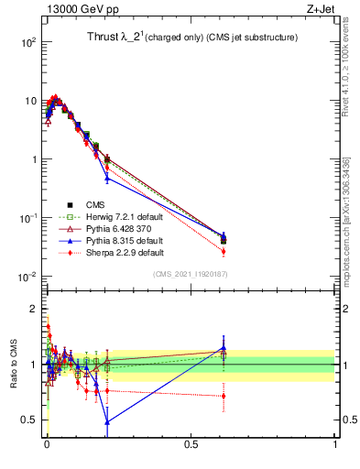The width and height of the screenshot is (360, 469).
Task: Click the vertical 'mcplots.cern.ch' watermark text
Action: pyautogui.click(x=351, y=211)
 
